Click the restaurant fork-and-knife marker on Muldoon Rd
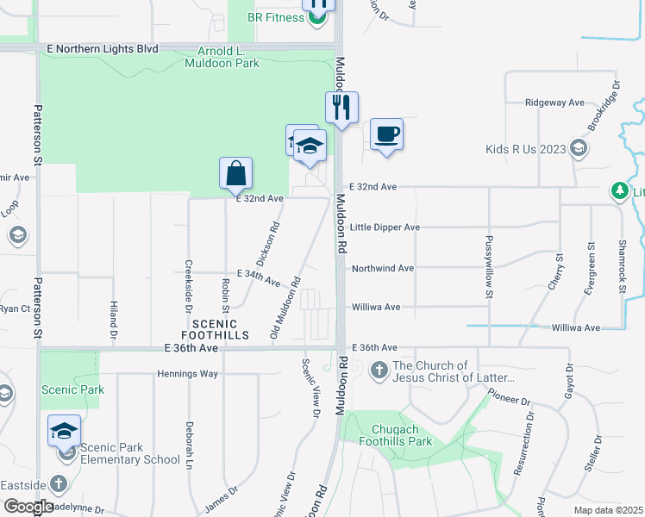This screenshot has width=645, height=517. pos(341,107)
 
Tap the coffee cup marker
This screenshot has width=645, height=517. pos(387,134)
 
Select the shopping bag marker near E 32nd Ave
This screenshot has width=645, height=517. pos(236,173)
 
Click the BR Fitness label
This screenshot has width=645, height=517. pos(270,16)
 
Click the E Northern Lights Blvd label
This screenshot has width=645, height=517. pos(103,49)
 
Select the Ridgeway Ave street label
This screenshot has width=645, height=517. pos(555,102)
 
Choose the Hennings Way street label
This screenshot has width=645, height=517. pos(187,374)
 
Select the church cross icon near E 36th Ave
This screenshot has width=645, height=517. pos(379,371)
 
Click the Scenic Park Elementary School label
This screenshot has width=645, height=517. pos(129,453)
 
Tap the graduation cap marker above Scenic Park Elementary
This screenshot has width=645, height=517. pos(65,431)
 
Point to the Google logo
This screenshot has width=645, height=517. pos(28,507)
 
